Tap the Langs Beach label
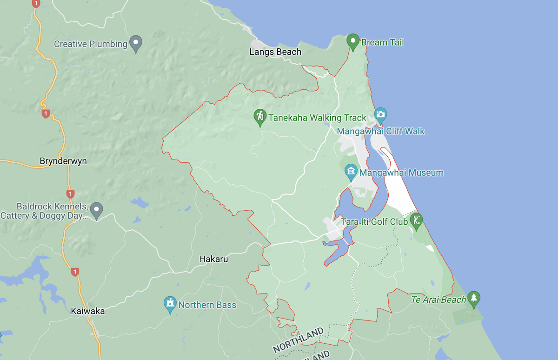(275, 52)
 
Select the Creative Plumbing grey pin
(136, 44)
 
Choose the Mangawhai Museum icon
(351, 173)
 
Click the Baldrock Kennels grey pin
(97, 210)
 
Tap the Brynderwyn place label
(63, 161)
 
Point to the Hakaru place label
(213, 259)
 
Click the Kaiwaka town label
(88, 311)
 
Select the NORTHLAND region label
(298, 340)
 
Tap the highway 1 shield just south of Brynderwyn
(70, 193)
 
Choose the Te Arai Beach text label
(438, 300)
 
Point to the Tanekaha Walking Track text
(318, 118)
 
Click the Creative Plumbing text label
(91, 44)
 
